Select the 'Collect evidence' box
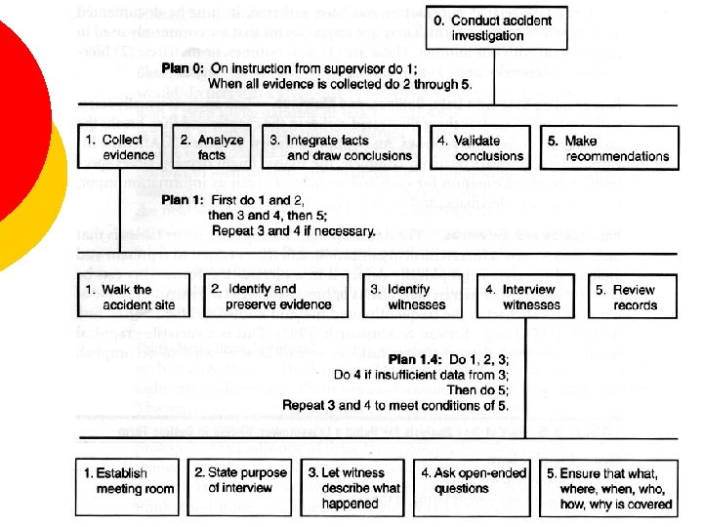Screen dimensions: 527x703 [x=120, y=148]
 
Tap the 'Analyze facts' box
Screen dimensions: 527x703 [x=210, y=148]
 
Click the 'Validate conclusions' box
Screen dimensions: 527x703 [x=480, y=148]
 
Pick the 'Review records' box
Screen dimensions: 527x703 [x=634, y=297]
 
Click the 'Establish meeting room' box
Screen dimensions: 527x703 [x=128, y=487]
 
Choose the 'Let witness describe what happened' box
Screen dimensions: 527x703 [x=353, y=487]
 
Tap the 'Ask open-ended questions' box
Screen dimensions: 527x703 [x=473, y=487]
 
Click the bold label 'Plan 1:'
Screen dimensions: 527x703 [x=183, y=200]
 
